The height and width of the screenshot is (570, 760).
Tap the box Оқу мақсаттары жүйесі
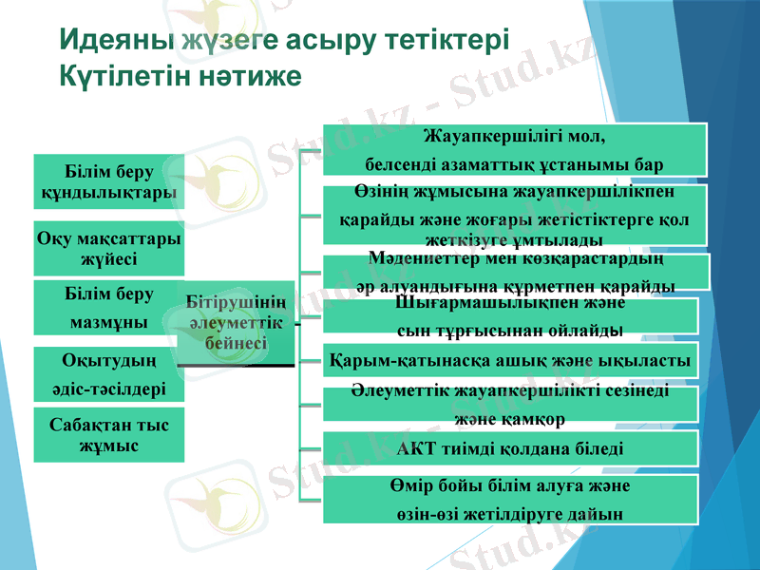coord(108,247)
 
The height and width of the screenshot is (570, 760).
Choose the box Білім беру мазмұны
coord(108,308)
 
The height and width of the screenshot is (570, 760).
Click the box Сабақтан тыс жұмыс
coord(108,434)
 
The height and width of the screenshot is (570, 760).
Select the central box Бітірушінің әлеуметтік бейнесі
coord(235,323)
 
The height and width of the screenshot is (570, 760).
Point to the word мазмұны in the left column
coord(108,322)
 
